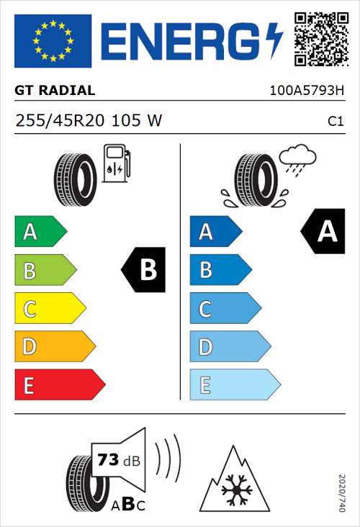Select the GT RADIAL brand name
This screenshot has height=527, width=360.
(x=55, y=91)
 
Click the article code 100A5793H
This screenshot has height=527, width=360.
(x=307, y=91)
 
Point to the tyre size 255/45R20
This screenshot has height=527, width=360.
(x=61, y=121)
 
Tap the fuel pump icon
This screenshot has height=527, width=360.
(x=116, y=163)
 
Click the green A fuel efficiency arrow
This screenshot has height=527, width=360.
(x=40, y=232)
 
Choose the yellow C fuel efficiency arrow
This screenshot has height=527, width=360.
(x=49, y=309)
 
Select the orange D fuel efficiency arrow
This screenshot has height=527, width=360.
(x=54, y=347)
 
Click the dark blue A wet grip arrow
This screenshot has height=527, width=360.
(x=214, y=232)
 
